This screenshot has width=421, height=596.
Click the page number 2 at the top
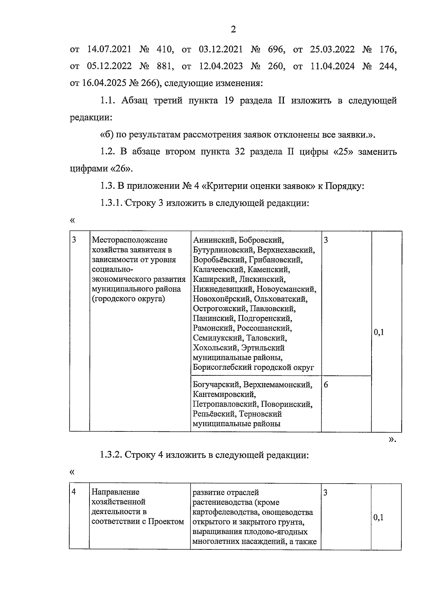point(233,29)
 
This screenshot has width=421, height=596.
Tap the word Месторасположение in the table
point(129,240)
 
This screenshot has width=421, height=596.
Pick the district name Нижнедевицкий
point(223,289)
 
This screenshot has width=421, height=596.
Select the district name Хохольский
point(215,348)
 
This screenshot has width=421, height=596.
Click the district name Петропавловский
point(226,404)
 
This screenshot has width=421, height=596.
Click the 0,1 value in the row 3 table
point(379,333)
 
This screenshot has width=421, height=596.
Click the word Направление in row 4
point(115,493)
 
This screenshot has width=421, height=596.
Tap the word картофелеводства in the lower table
point(223,512)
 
